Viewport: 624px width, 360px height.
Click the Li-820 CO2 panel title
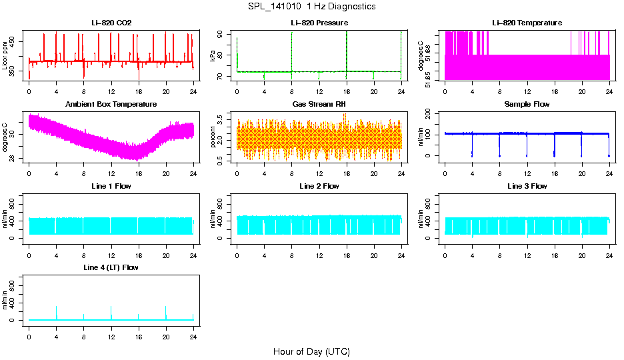tap(111, 23)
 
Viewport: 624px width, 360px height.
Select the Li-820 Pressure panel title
tap(319, 23)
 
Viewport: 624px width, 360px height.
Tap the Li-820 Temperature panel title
tap(527, 23)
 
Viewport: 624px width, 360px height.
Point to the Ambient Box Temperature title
tap(111, 105)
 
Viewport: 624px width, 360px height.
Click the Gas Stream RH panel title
tap(319, 105)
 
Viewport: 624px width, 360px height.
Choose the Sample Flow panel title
tap(527, 105)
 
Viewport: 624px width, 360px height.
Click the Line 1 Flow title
tap(111, 186)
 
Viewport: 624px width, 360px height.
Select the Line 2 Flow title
tap(319, 186)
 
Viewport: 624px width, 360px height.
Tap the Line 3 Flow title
tap(527, 186)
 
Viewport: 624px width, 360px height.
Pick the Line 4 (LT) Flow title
tap(111, 267)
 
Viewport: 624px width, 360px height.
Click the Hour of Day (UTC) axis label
tap(311, 351)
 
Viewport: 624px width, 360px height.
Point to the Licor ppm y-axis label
tap(6, 55)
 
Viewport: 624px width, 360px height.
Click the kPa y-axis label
tap(213, 55)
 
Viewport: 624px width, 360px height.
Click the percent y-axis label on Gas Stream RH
tap(213, 137)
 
